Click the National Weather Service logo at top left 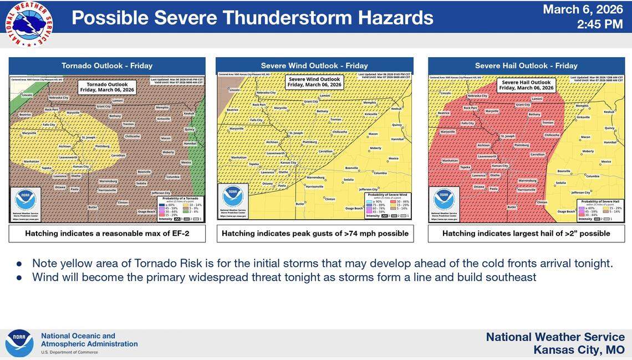pos(29,24)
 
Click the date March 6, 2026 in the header pos(583,9)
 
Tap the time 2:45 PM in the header pos(600,24)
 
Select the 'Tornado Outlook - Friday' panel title pos(107,65)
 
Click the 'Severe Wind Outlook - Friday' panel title pos(314,65)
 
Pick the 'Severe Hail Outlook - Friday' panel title pos(526,65)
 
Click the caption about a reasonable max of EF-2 pos(107,234)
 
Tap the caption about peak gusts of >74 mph pos(315,234)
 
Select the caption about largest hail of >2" pos(526,234)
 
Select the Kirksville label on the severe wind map pos(370,114)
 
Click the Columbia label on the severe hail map pos(593,176)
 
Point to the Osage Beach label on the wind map pos(354,209)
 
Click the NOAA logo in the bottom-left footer pos(19,343)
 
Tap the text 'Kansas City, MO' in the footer pos(579,350)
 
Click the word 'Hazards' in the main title pos(383,18)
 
